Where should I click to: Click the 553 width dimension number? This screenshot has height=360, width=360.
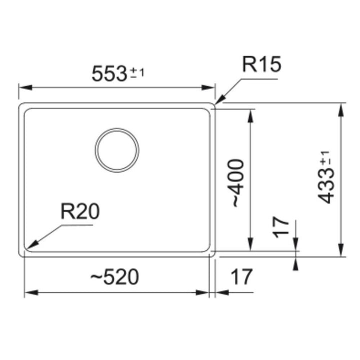[x=109, y=73]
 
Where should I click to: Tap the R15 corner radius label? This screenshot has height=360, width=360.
[x=261, y=64]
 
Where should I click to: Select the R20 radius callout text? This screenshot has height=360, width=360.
[x=80, y=211]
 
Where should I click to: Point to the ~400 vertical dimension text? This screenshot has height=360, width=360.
[x=235, y=183]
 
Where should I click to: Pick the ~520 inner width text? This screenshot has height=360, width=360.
[x=114, y=276]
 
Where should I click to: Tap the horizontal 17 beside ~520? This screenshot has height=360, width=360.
[x=241, y=276]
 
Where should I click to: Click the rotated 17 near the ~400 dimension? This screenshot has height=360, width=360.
[x=280, y=227]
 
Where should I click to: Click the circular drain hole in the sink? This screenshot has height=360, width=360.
[x=117, y=150]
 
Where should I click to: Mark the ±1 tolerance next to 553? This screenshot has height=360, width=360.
[x=137, y=73]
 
